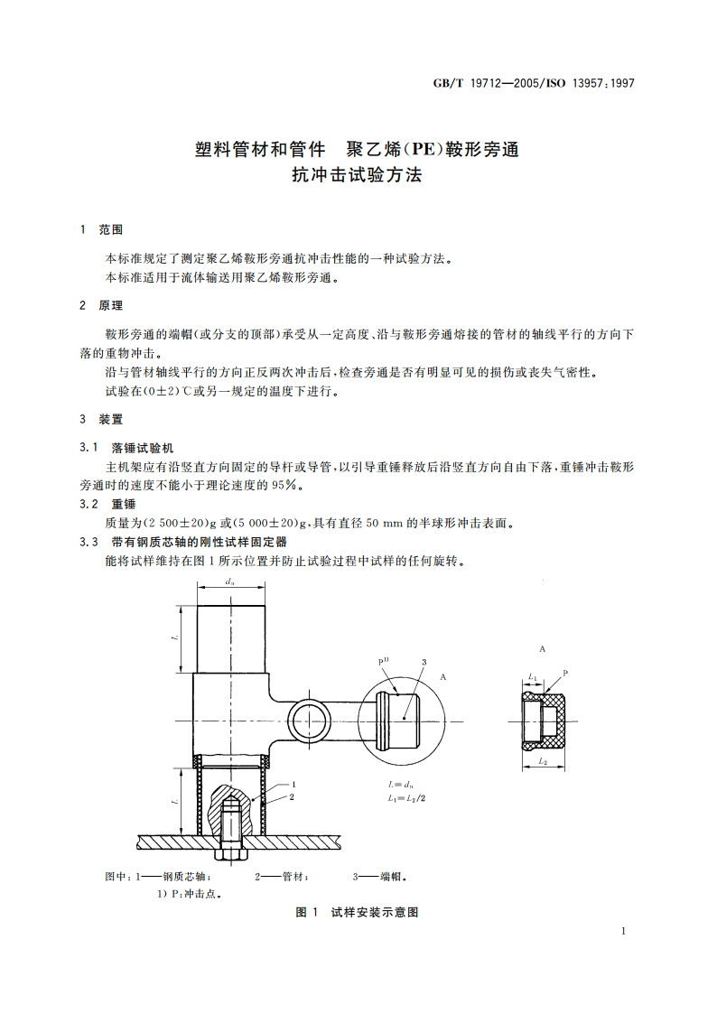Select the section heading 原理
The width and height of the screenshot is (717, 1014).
click(111, 306)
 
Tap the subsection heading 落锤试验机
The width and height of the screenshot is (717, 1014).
click(135, 447)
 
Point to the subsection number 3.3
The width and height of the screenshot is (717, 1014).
click(88, 542)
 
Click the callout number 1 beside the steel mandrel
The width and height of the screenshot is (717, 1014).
click(294, 785)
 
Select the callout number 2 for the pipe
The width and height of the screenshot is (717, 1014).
click(294, 797)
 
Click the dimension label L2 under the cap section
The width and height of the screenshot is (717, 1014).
click(541, 762)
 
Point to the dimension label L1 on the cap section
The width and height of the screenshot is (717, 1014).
click(532, 676)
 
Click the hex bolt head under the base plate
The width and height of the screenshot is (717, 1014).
click(229, 853)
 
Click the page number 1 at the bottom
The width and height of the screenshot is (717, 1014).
click(624, 929)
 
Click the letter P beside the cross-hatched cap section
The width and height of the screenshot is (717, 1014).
click(565, 674)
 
